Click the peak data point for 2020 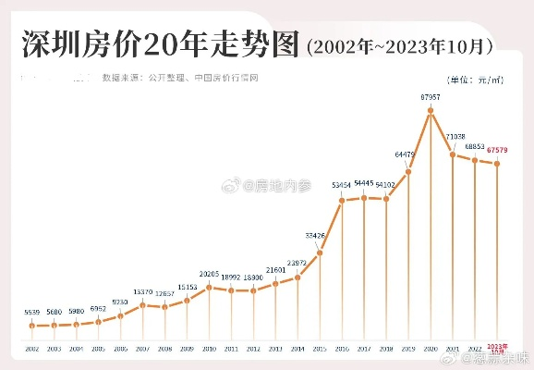tap(431, 111)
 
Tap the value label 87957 tap(430, 96)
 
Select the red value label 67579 tap(498, 150)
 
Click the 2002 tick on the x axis tap(32, 349)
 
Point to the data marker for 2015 tap(320, 252)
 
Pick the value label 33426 tap(317, 236)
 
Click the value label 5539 tap(32, 312)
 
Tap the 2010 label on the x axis tap(210, 349)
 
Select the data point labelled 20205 tap(210, 288)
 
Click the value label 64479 tap(406, 154)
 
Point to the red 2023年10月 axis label tap(497, 350)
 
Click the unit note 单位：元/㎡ tap(477, 80)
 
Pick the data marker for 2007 tap(143, 304)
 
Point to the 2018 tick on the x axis tap(386, 349)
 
